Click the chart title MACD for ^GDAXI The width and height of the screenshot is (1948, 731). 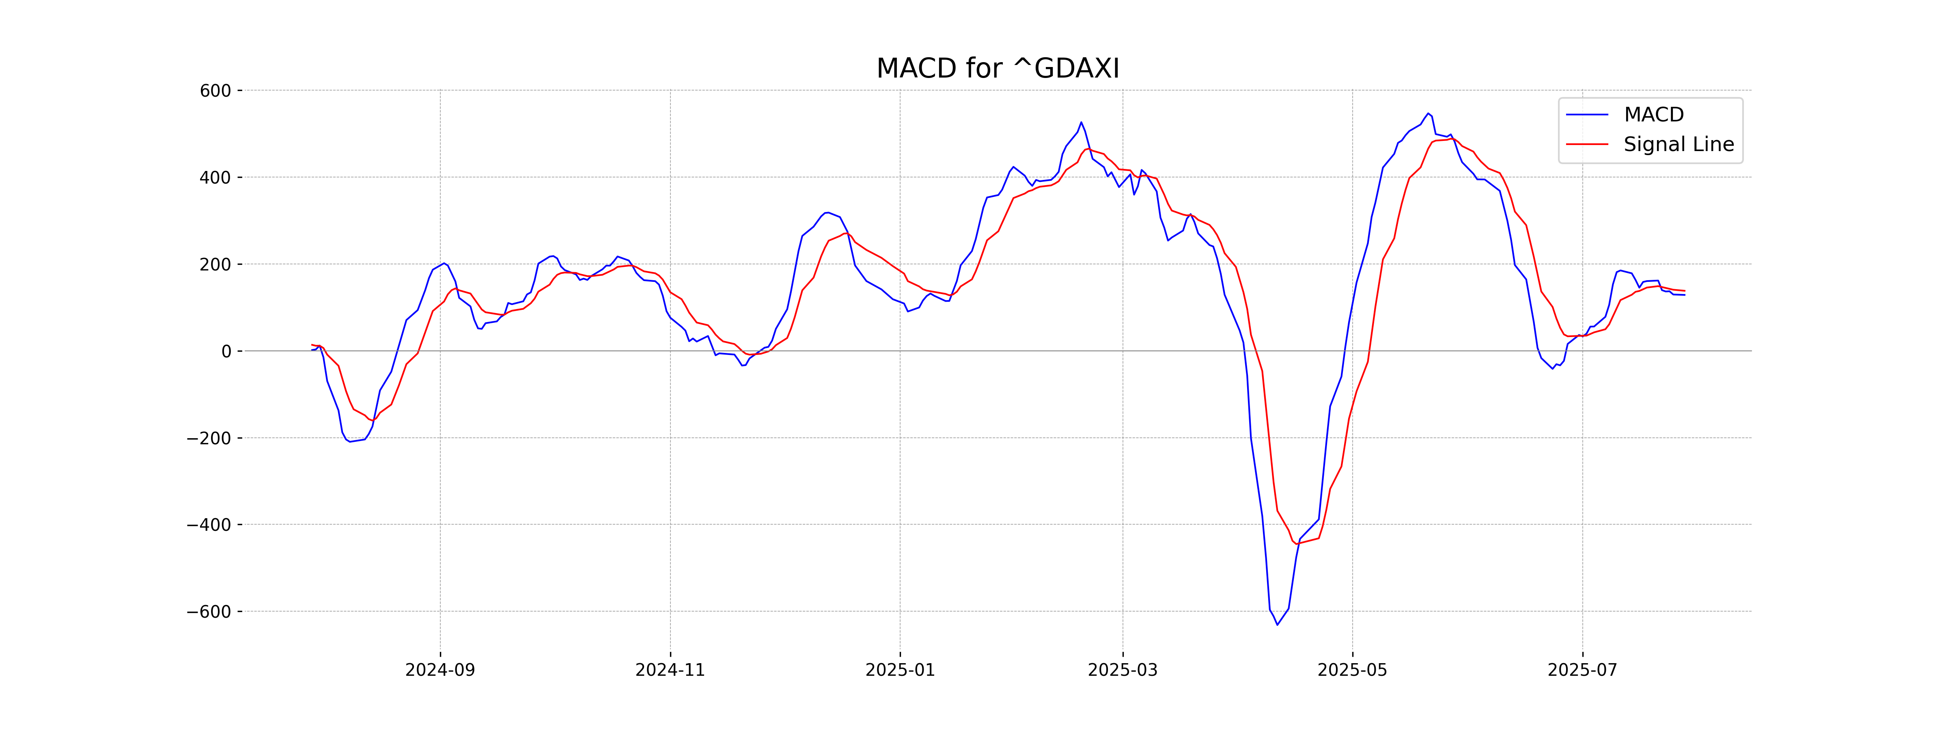point(998,69)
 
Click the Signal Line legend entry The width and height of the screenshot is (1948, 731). point(1678,145)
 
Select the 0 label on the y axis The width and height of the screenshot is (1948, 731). point(226,352)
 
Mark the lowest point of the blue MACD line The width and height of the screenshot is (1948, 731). point(1277,624)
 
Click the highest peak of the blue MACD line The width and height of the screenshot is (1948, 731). point(1428,114)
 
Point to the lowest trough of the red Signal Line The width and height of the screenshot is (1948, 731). point(1296,543)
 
